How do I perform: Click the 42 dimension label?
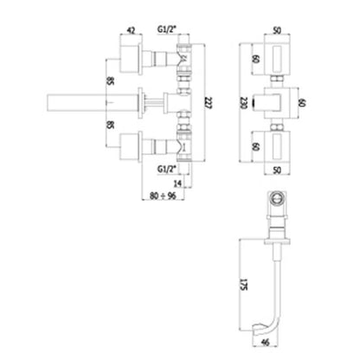pyautogui.click(x=131, y=30)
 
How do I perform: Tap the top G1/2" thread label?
pyautogui.click(x=166, y=29)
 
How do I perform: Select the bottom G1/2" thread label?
pyautogui.click(x=166, y=170)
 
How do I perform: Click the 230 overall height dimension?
pyautogui.click(x=244, y=103)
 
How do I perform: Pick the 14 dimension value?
pyautogui.click(x=178, y=183)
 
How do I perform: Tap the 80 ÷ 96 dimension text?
pyautogui.click(x=163, y=196)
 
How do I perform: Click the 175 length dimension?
pyautogui.click(x=244, y=285)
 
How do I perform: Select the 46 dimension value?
pyautogui.click(x=265, y=342)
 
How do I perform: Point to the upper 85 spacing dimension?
pyautogui.click(x=110, y=81)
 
